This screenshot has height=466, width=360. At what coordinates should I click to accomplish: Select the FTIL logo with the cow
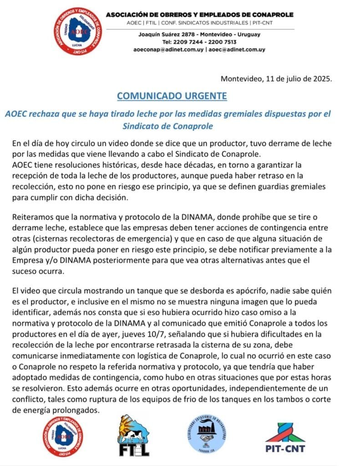[134, 436]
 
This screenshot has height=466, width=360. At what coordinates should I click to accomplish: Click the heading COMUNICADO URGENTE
[172, 96]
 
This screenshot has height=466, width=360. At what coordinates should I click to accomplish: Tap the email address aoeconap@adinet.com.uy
[168, 49]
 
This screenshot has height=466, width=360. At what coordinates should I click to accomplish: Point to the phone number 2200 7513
[222, 42]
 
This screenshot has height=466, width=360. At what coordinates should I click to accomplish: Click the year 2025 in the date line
[322, 78]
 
